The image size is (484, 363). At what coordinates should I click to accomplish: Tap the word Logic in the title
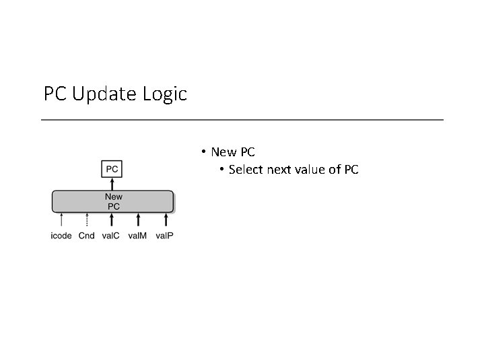(x=165, y=94)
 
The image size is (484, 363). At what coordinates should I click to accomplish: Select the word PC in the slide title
(x=55, y=94)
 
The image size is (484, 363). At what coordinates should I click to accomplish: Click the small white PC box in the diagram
(x=112, y=168)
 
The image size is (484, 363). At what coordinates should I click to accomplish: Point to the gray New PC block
(x=112, y=201)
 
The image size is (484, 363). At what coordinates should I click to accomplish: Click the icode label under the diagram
(x=61, y=236)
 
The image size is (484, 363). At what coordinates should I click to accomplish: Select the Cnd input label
(x=86, y=236)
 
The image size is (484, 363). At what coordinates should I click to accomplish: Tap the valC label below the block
(x=111, y=236)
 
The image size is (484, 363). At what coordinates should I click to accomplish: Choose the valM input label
(x=137, y=236)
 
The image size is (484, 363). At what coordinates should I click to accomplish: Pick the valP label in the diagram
(x=164, y=236)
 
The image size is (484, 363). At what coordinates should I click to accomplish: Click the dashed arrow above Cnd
(x=86, y=220)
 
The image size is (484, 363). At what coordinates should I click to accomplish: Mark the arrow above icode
(x=61, y=220)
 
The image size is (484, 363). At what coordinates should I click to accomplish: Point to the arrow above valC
(x=112, y=220)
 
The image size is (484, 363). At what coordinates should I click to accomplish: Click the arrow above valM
(x=138, y=220)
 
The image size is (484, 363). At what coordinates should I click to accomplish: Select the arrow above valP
(x=165, y=220)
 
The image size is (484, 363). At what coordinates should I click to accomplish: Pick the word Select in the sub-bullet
(x=246, y=169)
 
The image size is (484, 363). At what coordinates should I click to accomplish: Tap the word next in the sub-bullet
(x=279, y=169)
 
